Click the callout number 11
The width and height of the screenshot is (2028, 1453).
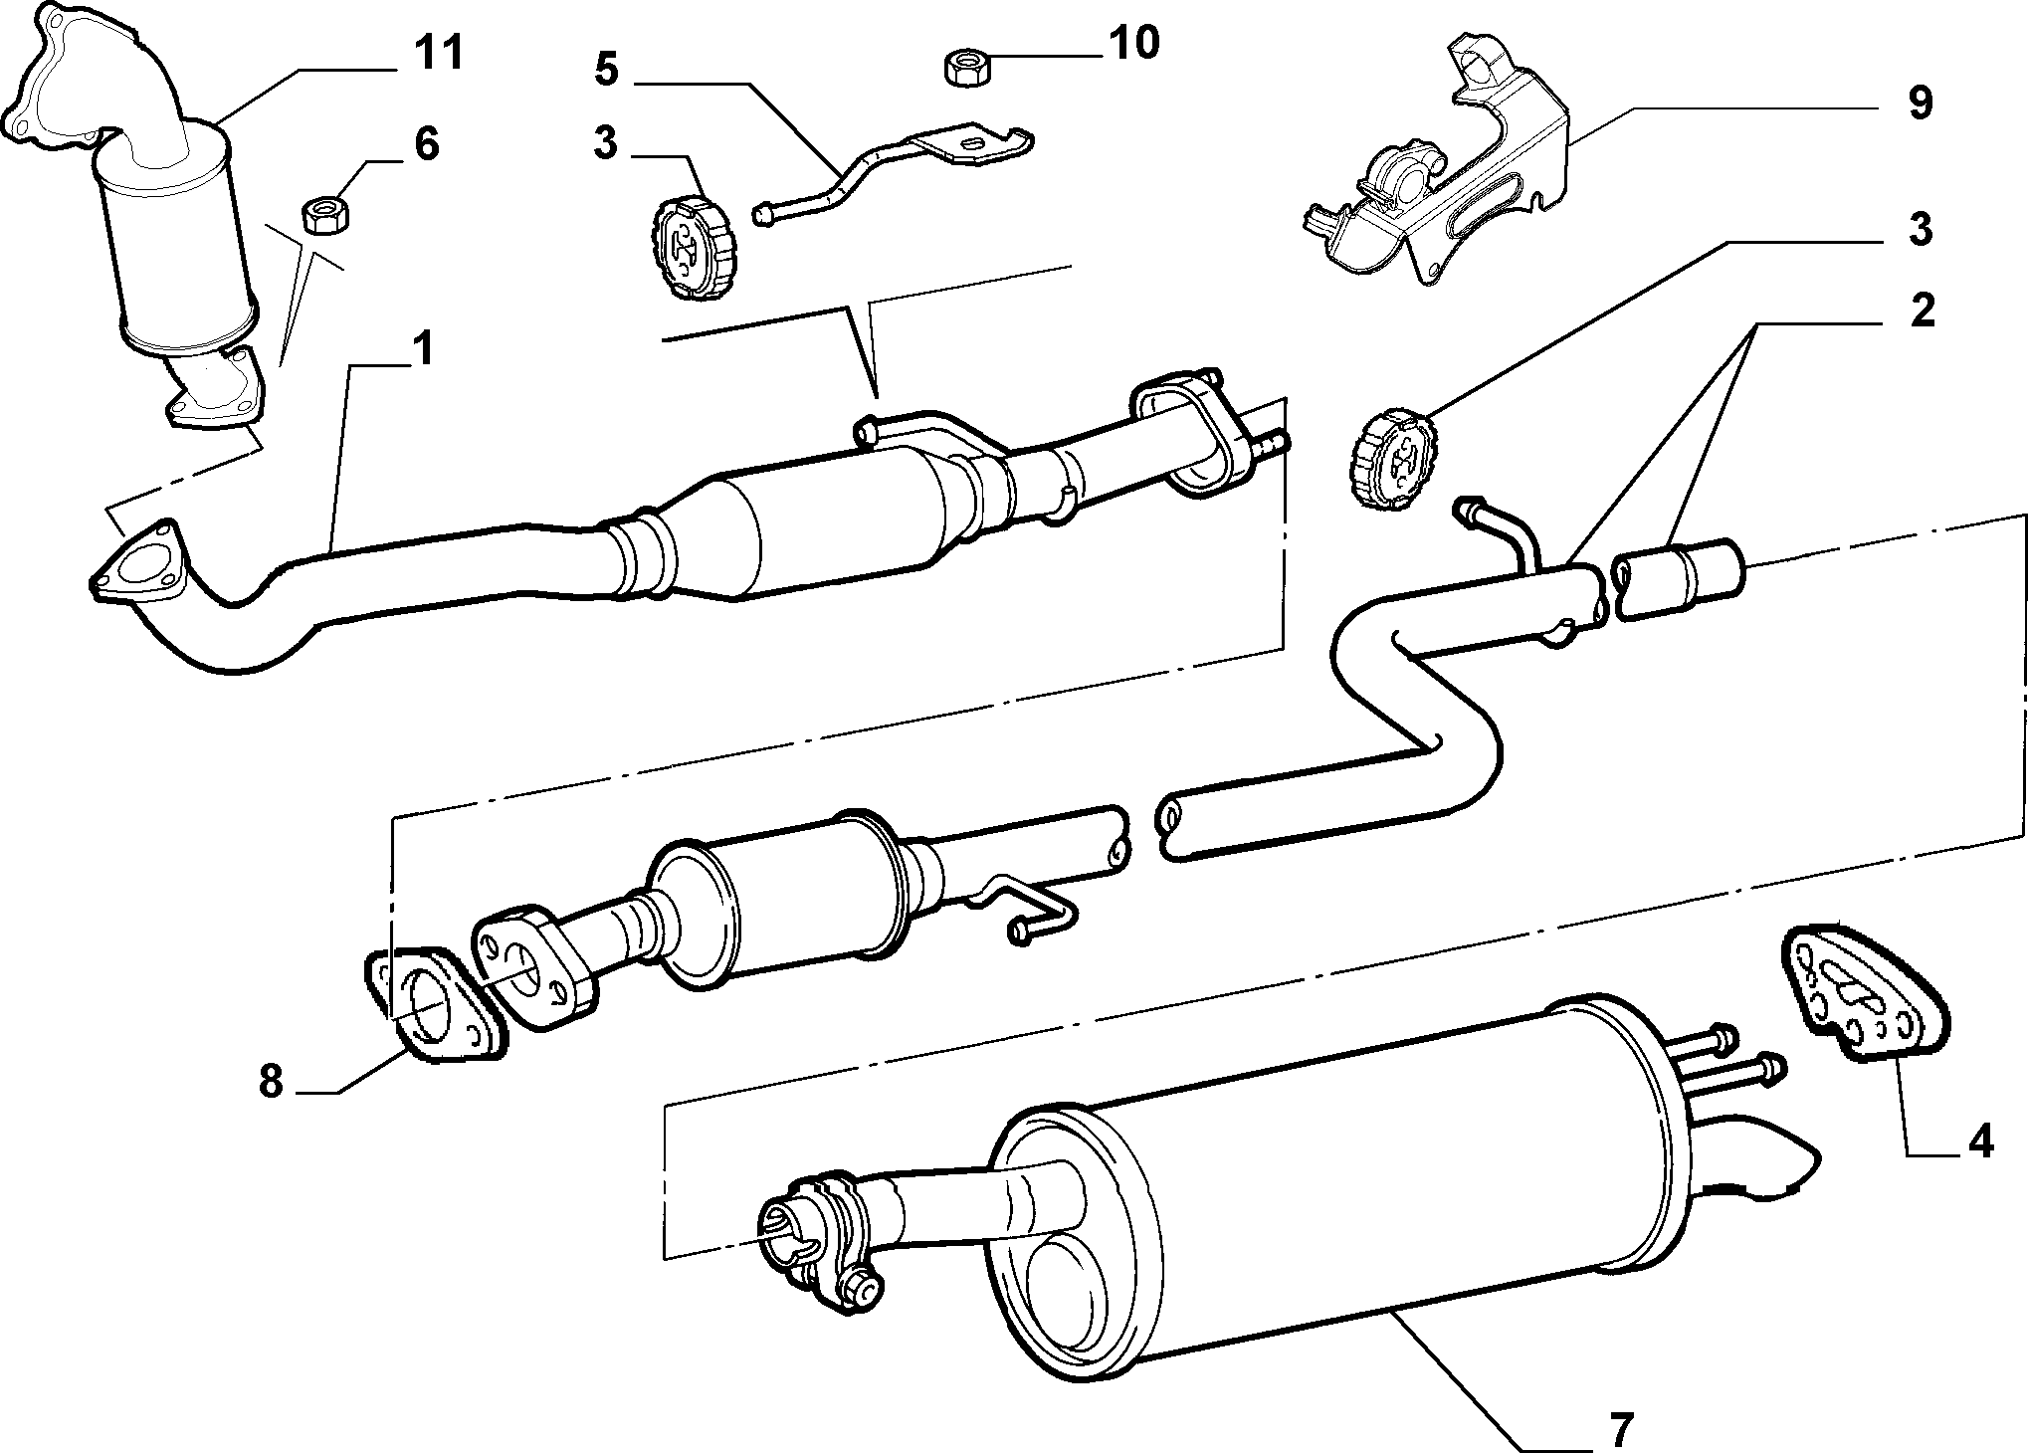pos(439,52)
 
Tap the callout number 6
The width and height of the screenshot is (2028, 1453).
pos(426,143)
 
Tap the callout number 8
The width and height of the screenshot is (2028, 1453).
pos(272,1081)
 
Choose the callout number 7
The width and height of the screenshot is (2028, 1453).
pos(1621,1403)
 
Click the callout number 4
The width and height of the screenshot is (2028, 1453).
pos(1981,1141)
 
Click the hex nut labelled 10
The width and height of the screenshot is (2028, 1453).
pos(962,70)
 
